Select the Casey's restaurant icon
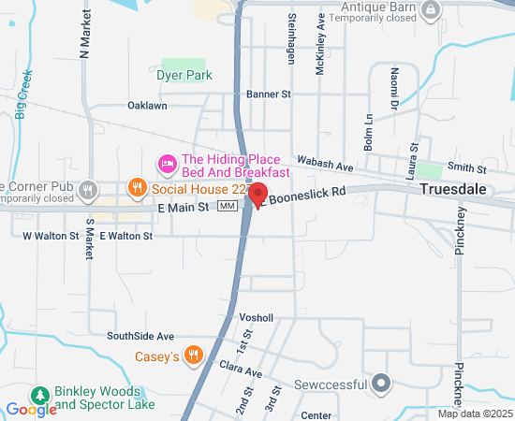[194, 355]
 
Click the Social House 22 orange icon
[137, 187]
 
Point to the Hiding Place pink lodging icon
[168, 165]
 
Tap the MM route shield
[227, 206]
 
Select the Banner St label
[269, 94]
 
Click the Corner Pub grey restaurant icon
[88, 190]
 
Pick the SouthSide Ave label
[140, 336]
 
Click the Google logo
[31, 410]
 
